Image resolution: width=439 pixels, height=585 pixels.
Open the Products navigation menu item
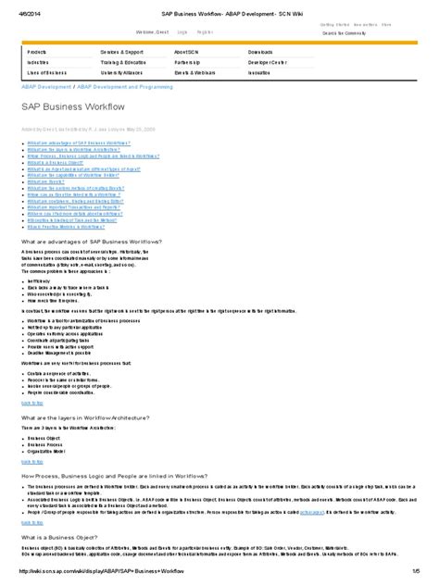[x=38, y=52]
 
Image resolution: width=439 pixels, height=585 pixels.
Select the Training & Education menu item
[x=124, y=62]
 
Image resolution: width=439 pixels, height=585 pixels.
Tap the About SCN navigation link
[x=186, y=52]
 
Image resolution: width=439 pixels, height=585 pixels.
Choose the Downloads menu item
[x=262, y=52]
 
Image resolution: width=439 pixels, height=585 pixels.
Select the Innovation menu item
[x=261, y=72]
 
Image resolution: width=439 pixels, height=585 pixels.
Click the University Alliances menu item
[x=127, y=72]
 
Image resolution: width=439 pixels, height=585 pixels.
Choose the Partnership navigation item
[x=189, y=62]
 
